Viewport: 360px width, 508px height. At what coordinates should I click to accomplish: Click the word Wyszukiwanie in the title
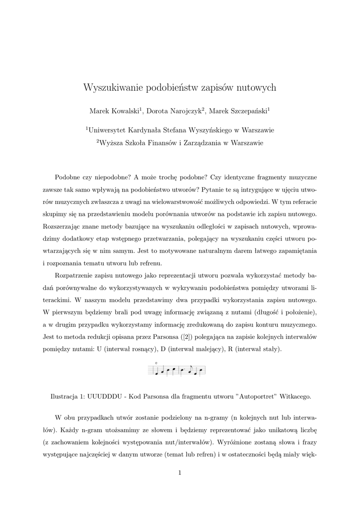[x=113, y=88]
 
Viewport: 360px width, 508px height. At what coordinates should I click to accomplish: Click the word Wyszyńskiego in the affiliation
[x=208, y=130]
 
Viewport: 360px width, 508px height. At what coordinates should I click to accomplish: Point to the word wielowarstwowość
[x=162, y=202]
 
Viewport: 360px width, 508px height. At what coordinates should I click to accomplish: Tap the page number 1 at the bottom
[x=180, y=473]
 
